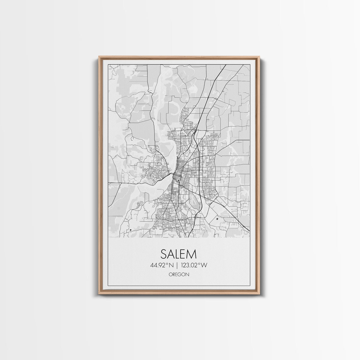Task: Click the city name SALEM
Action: [x=179, y=254]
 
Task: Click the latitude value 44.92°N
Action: [x=163, y=265]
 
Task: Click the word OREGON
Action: [x=179, y=274]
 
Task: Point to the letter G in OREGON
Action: [x=180, y=274]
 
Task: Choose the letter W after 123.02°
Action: [x=205, y=265]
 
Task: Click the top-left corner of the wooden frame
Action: [x=99, y=57]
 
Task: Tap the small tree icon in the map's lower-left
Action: [x=131, y=230]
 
